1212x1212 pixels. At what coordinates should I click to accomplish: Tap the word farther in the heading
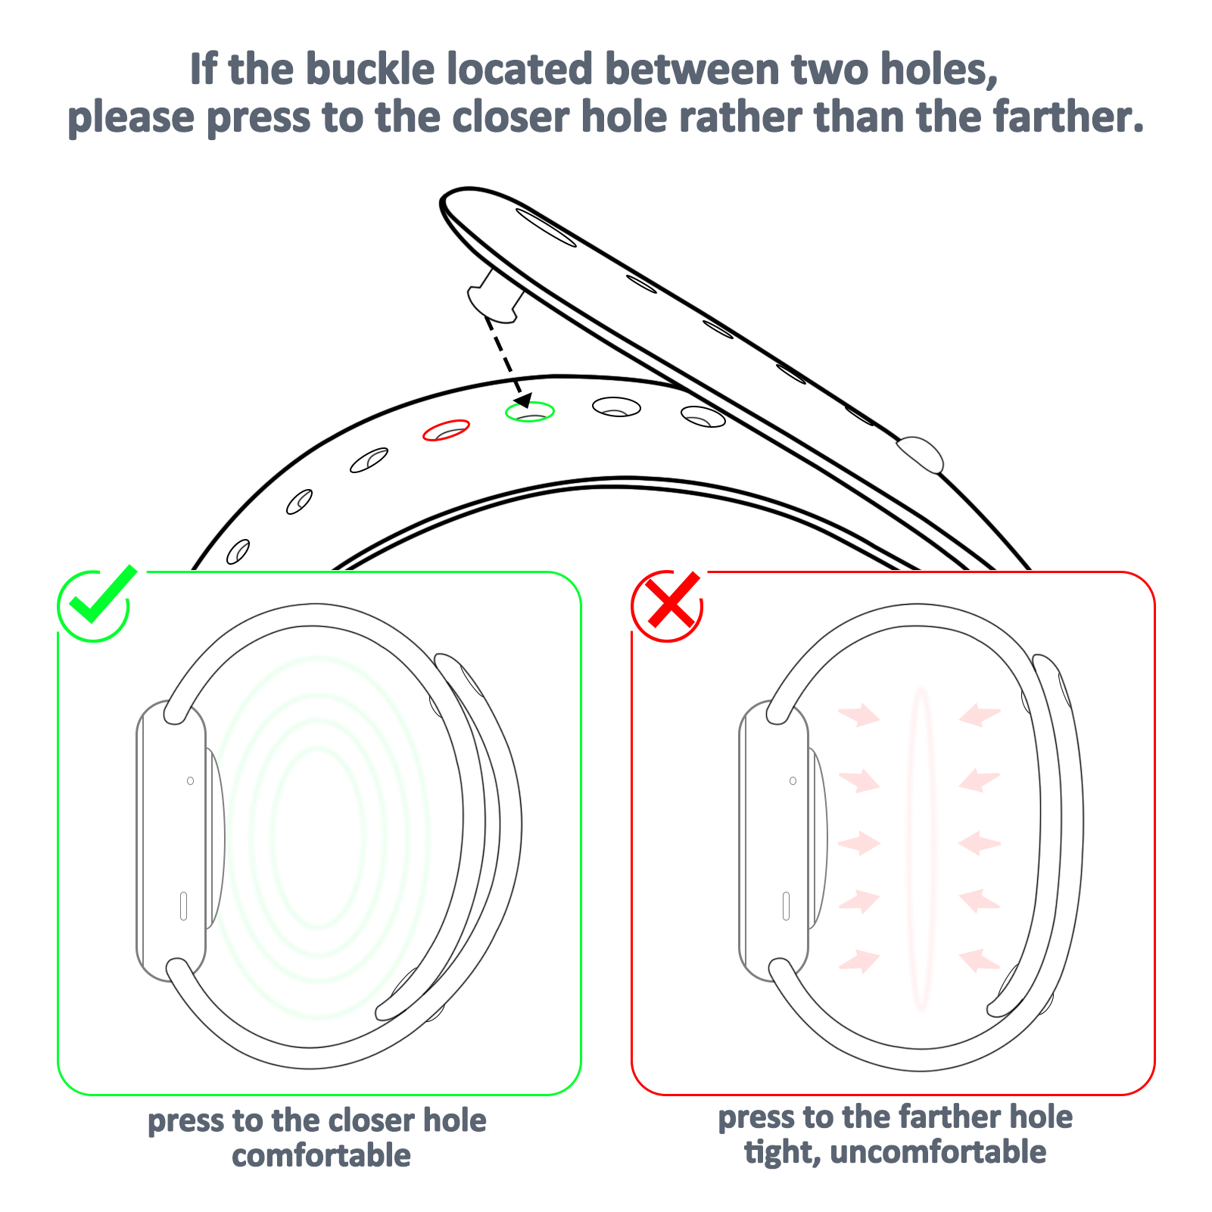pyautogui.click(x=1066, y=117)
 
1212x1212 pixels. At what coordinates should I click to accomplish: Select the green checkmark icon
pyautogui.click(x=97, y=603)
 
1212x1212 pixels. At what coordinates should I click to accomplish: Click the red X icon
pyautogui.click(x=668, y=606)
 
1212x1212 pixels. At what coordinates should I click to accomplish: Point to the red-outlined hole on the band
pyautogui.click(x=446, y=430)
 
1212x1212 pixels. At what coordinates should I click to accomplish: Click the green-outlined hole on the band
pyautogui.click(x=530, y=411)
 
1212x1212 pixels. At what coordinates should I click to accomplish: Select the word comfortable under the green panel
pyautogui.click(x=321, y=1155)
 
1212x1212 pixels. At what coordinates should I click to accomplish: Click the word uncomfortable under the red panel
pyautogui.click(x=938, y=1151)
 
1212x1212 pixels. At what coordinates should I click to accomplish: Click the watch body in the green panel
pyautogui.click(x=171, y=840)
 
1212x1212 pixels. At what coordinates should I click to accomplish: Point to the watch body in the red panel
pyautogui.click(x=774, y=840)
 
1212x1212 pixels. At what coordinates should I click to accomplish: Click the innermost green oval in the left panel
pyautogui.click(x=319, y=837)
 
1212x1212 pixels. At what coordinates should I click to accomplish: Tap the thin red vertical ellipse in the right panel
pyautogui.click(x=921, y=849)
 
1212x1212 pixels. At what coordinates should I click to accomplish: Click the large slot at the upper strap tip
pyautogui.click(x=546, y=227)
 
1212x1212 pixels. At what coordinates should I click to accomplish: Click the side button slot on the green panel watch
pyautogui.click(x=183, y=906)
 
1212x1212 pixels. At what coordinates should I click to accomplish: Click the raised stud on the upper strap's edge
pyautogui.click(x=920, y=454)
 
